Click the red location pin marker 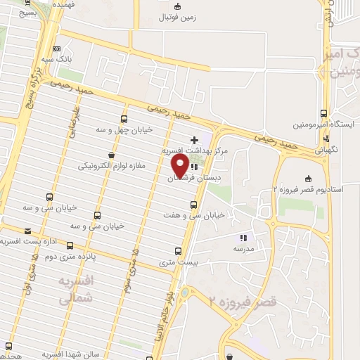tap(179, 166)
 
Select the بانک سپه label tap(56, 61)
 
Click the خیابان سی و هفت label tap(193, 215)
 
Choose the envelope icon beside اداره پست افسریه tap(28, 231)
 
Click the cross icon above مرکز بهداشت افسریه tap(194, 141)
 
